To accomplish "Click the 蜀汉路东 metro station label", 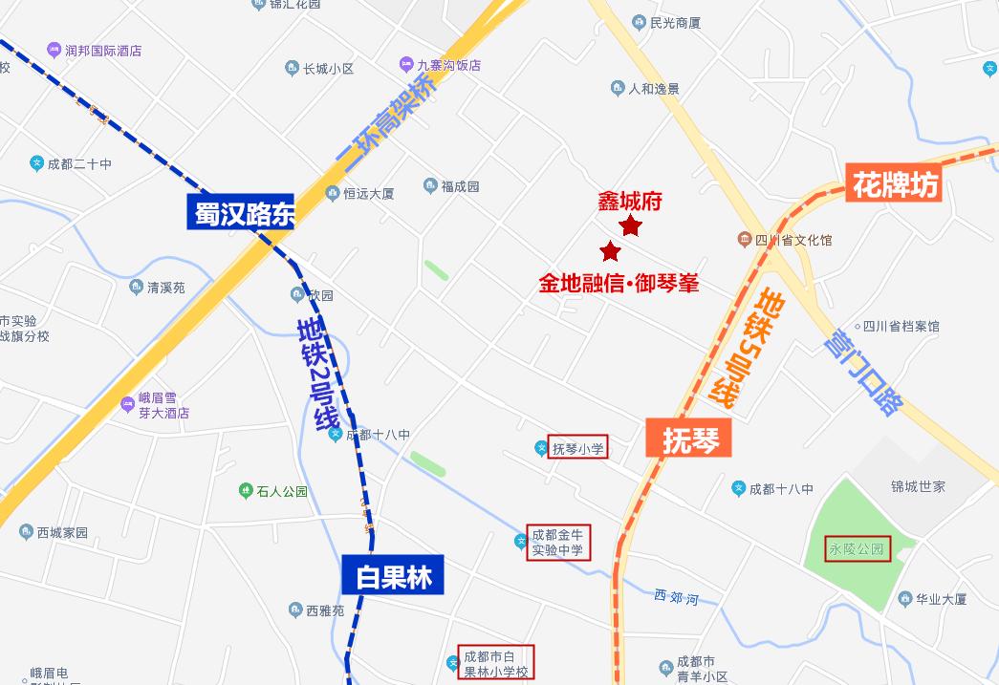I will [x=241, y=212].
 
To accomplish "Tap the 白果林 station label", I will [x=393, y=577].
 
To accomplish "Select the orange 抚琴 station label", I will [x=688, y=439].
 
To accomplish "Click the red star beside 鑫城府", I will [x=631, y=226].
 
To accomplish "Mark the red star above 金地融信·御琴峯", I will [x=610, y=252].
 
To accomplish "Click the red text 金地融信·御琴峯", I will [x=619, y=284].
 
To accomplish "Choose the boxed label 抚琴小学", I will [x=577, y=448].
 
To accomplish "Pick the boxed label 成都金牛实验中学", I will [x=558, y=542].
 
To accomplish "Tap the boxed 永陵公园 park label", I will [x=858, y=549].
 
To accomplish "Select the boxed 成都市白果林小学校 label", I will [x=495, y=662].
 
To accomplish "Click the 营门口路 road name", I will [x=865, y=374].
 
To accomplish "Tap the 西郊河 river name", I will [x=676, y=597].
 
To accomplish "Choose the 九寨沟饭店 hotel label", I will [x=447, y=66].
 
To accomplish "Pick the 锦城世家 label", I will [x=918, y=486].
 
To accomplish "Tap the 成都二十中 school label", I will [x=79, y=164].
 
